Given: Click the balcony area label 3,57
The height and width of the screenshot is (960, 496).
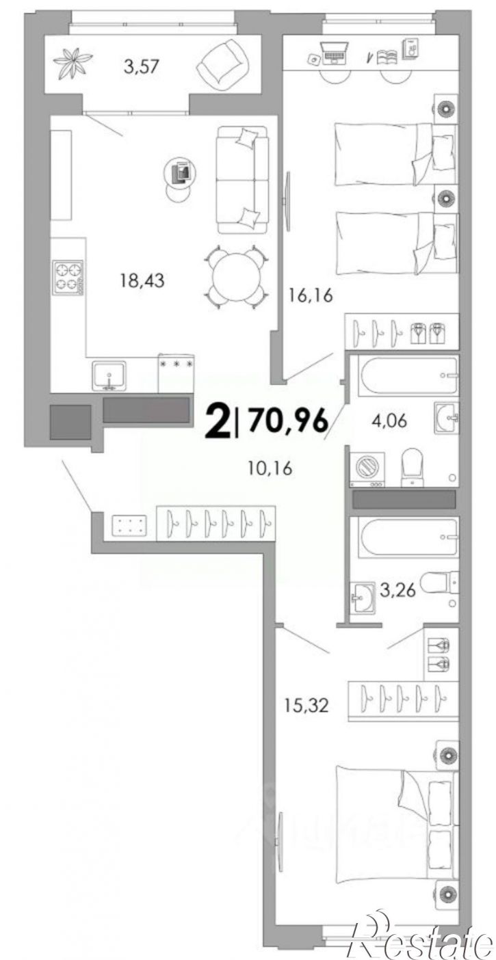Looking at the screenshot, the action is [x=141, y=66].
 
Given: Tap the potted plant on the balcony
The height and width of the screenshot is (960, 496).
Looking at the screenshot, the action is [x=73, y=63].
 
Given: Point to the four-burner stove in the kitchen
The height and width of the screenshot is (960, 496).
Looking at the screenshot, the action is [x=68, y=278].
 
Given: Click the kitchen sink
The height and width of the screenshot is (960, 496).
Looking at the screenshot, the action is [x=109, y=376].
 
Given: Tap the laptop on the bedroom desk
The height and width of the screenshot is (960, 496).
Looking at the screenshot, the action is [x=334, y=53].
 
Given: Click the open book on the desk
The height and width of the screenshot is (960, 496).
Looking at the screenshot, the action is [x=387, y=57].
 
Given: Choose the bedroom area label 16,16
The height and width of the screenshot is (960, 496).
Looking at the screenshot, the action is [x=311, y=295].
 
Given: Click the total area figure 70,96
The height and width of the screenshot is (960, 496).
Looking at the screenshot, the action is [x=288, y=420].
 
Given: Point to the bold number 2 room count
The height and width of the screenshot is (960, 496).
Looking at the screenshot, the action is [x=218, y=422].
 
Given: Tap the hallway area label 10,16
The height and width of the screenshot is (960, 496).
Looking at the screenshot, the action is [x=270, y=468].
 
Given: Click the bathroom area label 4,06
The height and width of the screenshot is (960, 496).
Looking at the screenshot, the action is [x=389, y=421].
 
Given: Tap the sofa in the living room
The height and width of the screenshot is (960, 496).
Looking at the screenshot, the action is [x=242, y=180].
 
